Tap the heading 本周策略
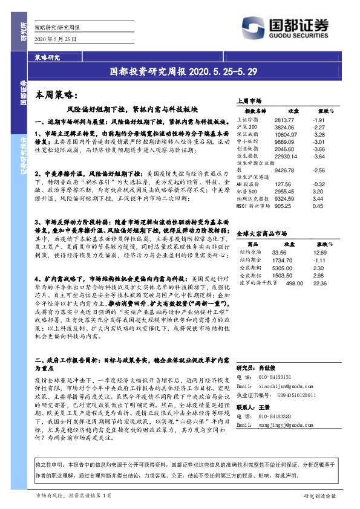tap(54, 95)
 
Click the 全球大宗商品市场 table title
tap(261, 232)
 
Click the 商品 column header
tap(247, 244)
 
